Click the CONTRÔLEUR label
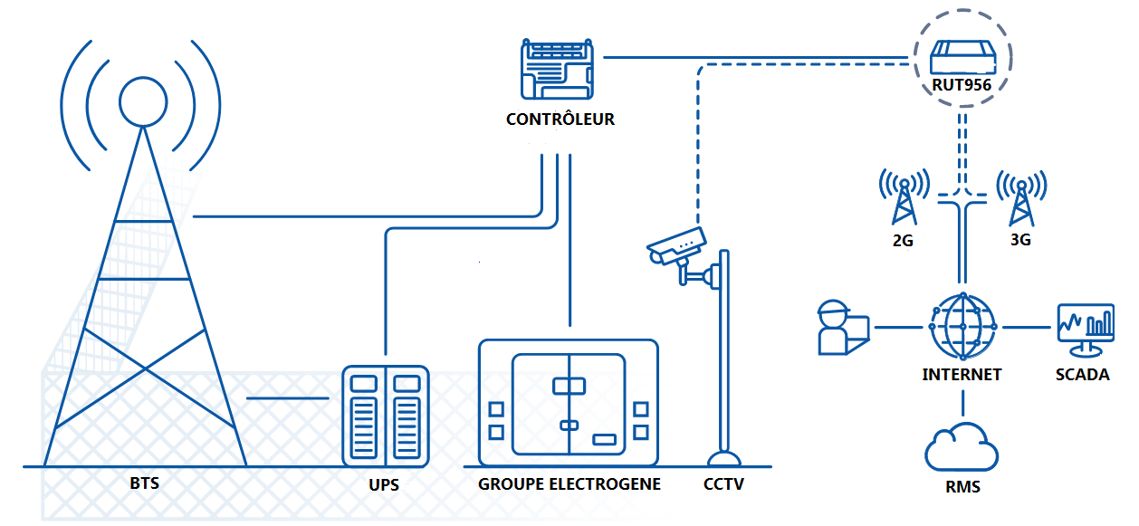click(560, 120)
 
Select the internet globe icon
click(962, 326)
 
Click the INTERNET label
click(962, 374)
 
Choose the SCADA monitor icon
click(1085, 329)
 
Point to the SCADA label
click(1082, 374)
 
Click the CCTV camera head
click(675, 245)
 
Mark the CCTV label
click(723, 484)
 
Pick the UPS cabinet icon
click(385, 416)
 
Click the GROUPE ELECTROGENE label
click(569, 483)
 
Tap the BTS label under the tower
click(144, 483)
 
